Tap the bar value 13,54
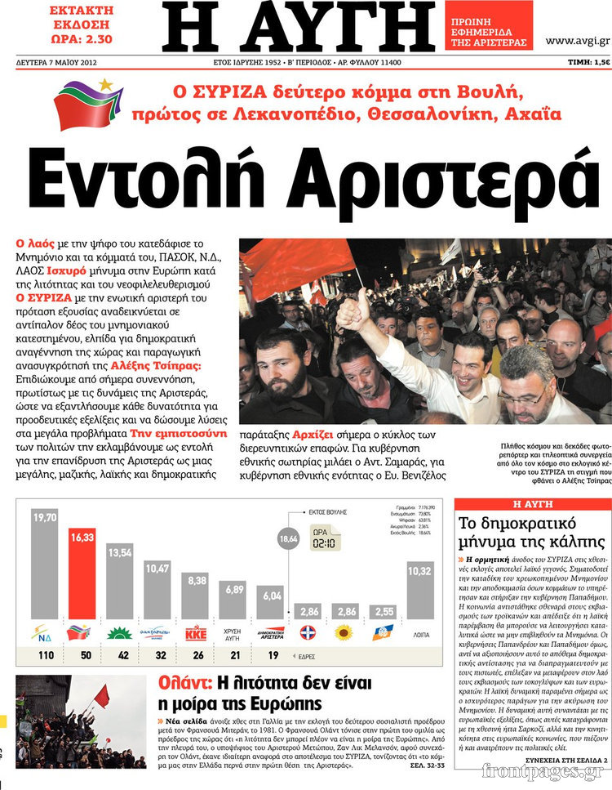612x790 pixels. click(119, 552)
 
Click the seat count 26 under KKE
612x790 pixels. click(196, 656)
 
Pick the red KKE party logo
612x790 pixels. click(196, 632)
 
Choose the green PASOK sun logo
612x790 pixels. click(119, 632)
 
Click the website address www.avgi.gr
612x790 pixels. click(577, 40)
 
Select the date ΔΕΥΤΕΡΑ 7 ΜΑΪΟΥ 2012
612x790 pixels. click(58, 63)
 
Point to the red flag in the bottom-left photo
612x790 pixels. click(101, 695)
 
